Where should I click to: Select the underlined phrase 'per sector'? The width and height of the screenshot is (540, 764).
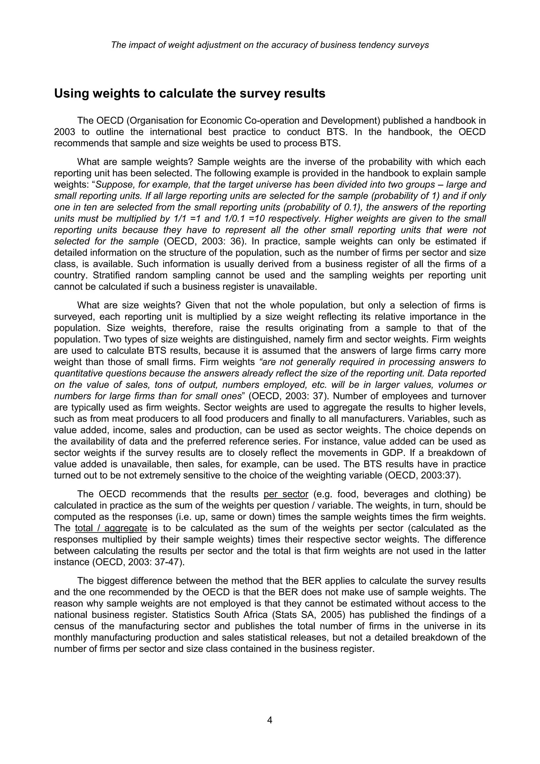[x=286, y=494]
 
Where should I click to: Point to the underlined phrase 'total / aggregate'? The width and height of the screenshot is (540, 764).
[x=111, y=528]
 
